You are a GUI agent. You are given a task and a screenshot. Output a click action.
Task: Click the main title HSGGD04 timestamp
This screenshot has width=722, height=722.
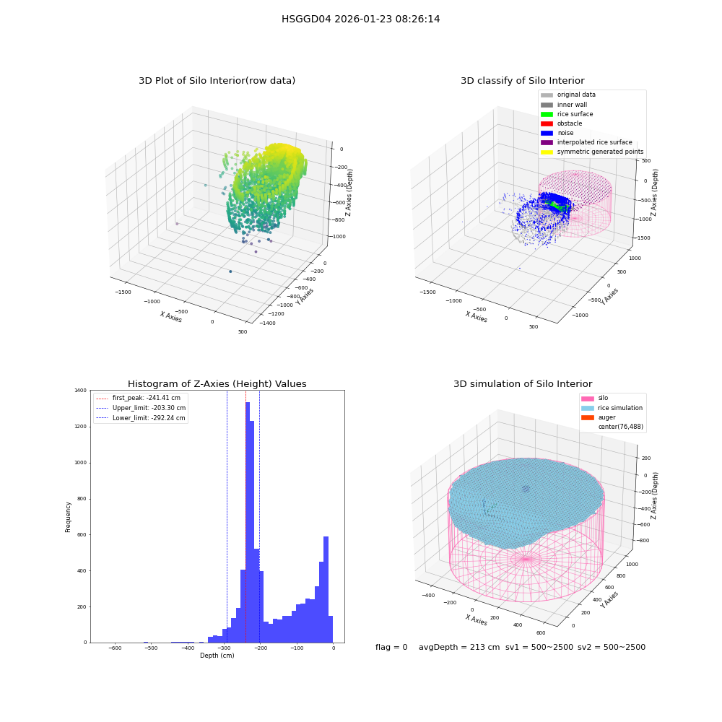click(x=360, y=19)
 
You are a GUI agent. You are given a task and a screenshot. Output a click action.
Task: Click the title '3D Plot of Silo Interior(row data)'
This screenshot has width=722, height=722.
click(x=217, y=81)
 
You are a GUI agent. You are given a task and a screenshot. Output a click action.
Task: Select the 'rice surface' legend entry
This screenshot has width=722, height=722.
click(x=567, y=114)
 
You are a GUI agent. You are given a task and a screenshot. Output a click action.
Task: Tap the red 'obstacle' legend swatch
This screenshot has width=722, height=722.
click(x=547, y=123)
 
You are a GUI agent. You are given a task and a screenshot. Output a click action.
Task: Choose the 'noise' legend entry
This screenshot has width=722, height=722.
click(x=557, y=133)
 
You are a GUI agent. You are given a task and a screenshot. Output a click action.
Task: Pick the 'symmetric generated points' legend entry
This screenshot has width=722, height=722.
click(x=592, y=152)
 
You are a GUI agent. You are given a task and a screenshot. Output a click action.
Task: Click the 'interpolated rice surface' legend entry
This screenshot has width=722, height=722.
click(x=586, y=142)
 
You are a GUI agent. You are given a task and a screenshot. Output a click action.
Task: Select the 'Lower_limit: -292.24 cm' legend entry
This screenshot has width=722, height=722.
click(x=141, y=418)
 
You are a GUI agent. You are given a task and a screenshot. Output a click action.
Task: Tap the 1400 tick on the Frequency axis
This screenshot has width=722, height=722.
click(x=81, y=391)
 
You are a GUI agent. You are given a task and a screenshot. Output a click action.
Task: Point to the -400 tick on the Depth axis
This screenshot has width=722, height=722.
click(x=188, y=648)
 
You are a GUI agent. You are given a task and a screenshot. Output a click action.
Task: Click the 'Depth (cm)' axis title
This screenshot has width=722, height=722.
click(x=217, y=656)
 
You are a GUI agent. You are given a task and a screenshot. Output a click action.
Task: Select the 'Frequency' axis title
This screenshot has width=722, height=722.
click(x=68, y=517)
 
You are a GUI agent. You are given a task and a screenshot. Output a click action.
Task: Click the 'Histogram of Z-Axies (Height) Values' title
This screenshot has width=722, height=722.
click(x=217, y=384)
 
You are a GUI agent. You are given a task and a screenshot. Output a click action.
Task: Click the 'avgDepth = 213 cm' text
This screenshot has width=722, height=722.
click(x=459, y=647)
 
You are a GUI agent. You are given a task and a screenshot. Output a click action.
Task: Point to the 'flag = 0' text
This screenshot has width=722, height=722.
click(x=391, y=647)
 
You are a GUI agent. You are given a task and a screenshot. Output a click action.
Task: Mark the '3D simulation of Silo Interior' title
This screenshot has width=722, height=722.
click(x=523, y=384)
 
